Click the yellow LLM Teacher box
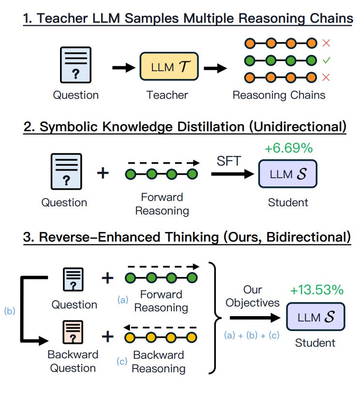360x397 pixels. [x=169, y=67]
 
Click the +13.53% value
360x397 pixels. [x=316, y=290]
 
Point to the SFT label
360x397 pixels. [x=229, y=161]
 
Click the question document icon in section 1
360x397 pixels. [x=75, y=67]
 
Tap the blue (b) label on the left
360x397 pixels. [x=9, y=311]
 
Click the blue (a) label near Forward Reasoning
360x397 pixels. [x=123, y=300]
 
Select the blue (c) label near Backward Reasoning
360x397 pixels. [x=123, y=361]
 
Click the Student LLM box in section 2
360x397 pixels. [x=287, y=174]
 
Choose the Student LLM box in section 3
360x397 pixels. [x=315, y=317]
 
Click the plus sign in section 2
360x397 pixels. [x=103, y=173]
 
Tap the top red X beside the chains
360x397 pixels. [x=326, y=43]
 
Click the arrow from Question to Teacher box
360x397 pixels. [x=123, y=67]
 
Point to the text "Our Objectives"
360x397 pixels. [x=252, y=296]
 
